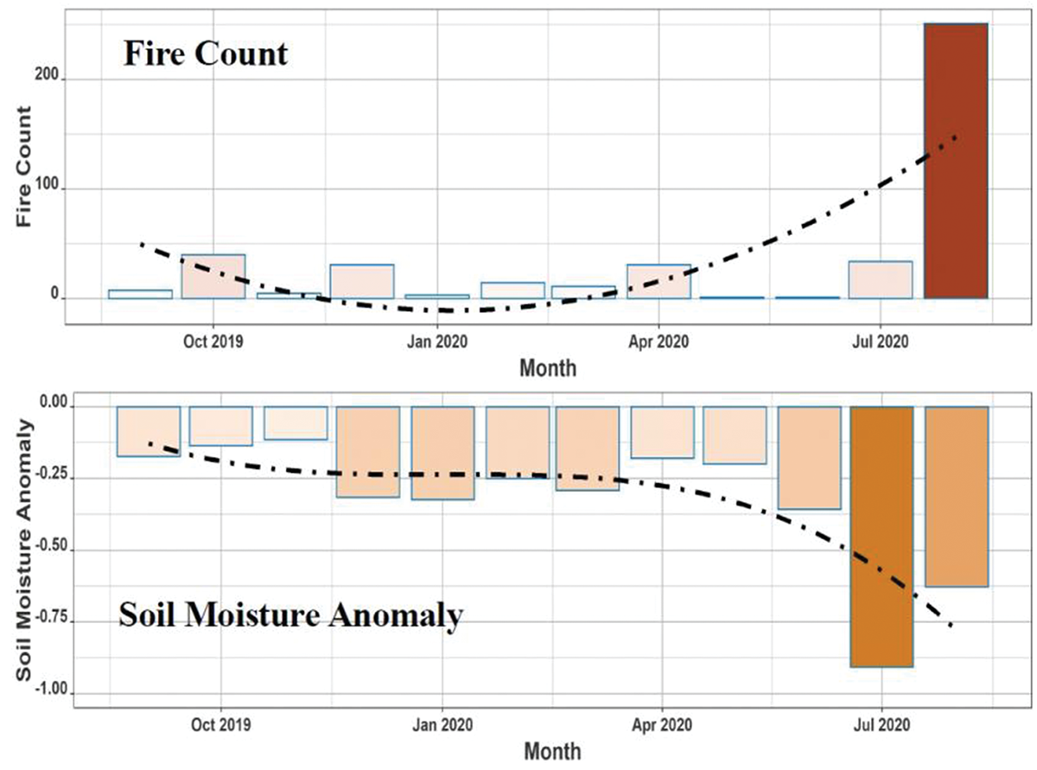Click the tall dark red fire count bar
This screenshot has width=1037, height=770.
956,161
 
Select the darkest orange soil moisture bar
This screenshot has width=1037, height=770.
881,536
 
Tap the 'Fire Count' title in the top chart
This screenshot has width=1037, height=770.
205,54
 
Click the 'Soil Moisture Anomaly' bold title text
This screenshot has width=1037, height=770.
289,617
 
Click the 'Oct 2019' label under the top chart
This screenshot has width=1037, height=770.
213,341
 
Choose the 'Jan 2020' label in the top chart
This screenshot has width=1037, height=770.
436,341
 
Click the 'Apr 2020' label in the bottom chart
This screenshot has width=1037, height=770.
661,720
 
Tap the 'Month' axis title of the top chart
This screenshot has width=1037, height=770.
548,368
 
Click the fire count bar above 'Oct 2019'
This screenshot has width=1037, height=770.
213,277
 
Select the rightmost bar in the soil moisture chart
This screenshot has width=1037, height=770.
956,496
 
